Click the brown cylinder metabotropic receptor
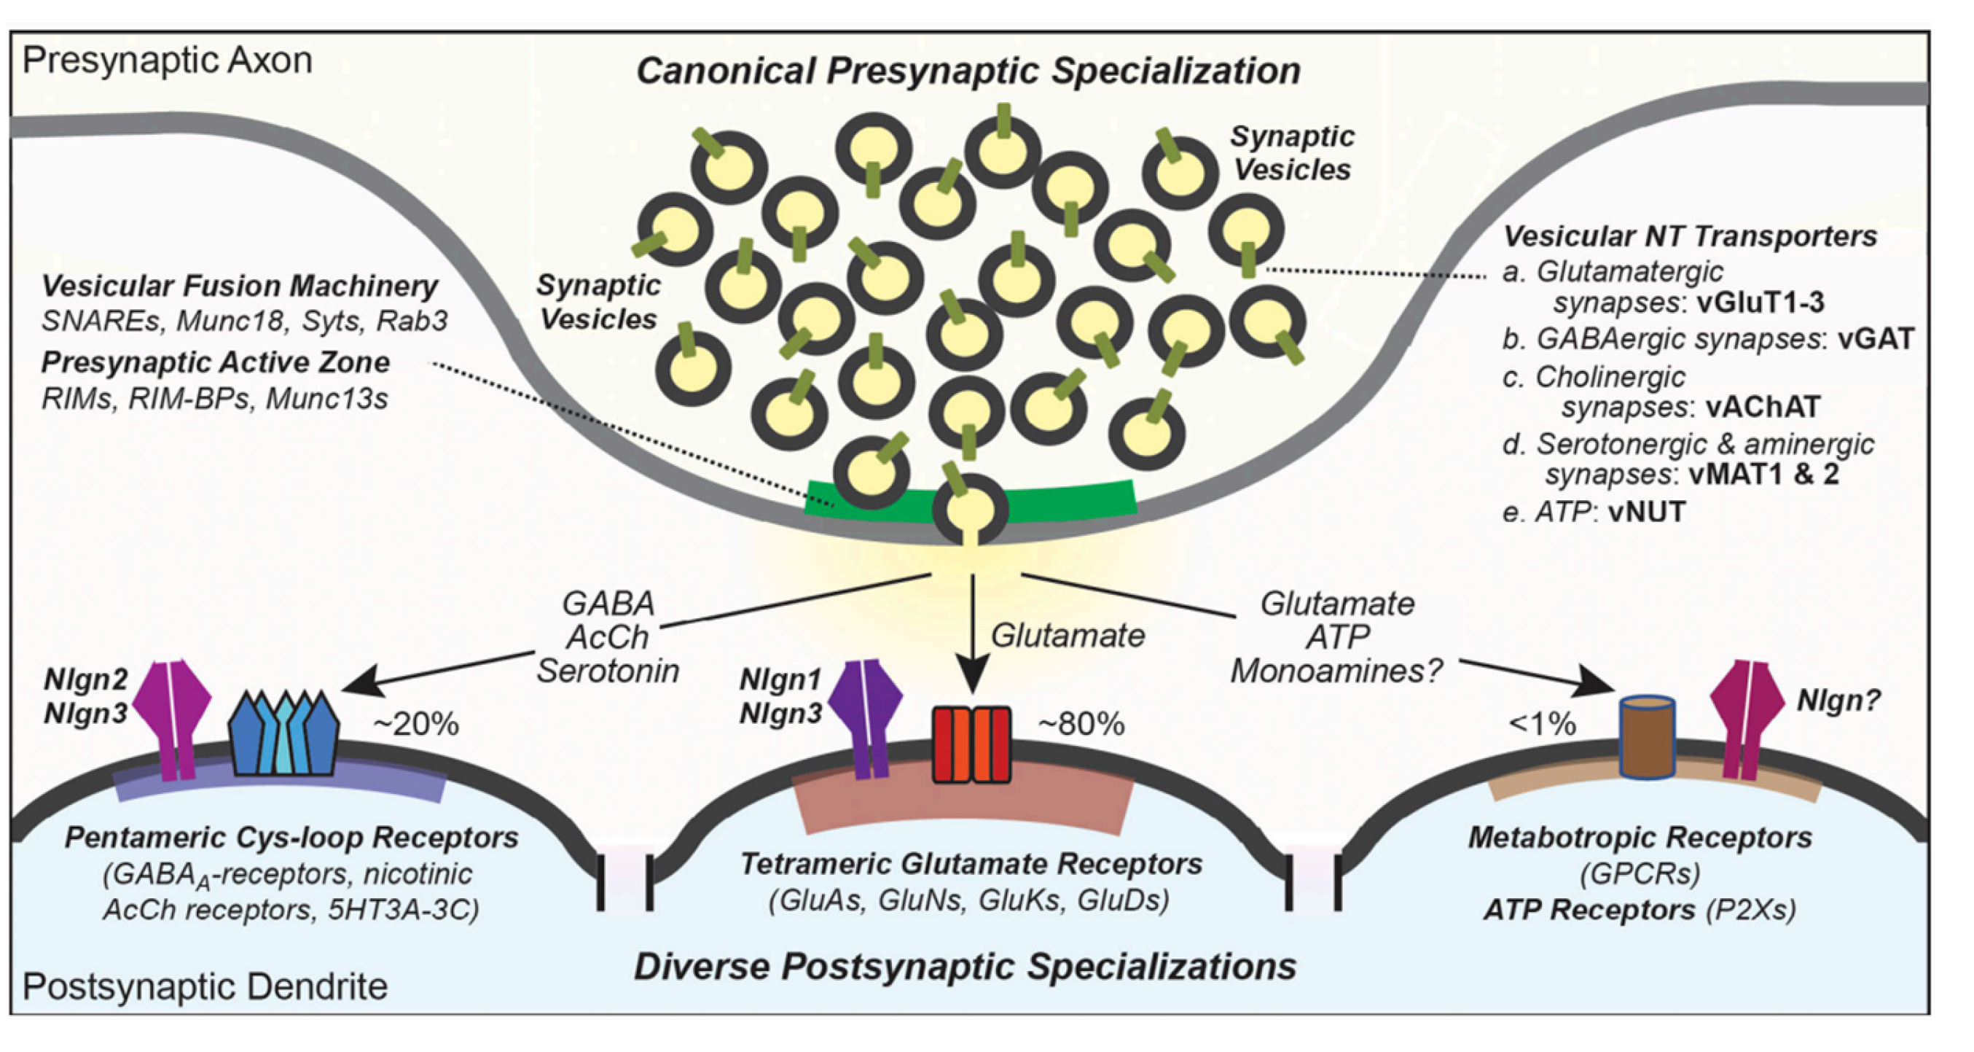(1647, 737)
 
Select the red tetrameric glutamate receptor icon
(971, 744)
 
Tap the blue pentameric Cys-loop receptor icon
(284, 732)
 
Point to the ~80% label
(1081, 724)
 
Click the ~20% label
(415, 724)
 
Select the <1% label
(1542, 724)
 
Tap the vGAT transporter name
(1876, 338)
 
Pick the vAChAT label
(1763, 406)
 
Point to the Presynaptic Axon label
(168, 61)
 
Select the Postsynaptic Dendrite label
(205, 987)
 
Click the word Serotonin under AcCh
(608, 671)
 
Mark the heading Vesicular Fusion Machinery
(239, 286)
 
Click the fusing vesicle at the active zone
(970, 509)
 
